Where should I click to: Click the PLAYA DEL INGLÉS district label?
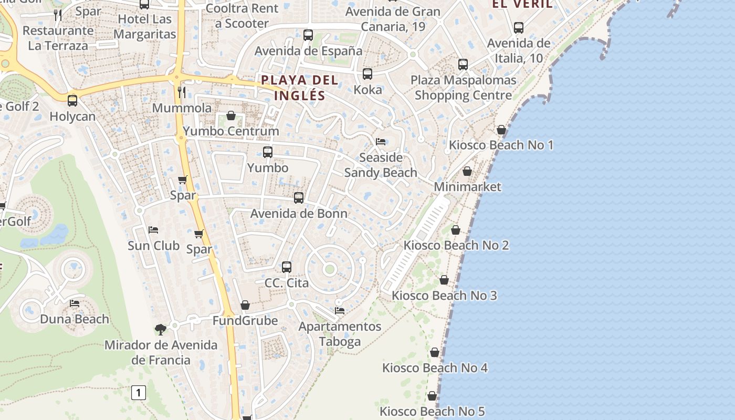(x=300, y=88)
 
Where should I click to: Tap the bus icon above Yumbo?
(x=268, y=152)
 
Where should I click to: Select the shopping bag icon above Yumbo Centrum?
(x=231, y=115)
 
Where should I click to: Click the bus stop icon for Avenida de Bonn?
(x=299, y=198)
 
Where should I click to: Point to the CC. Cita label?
(x=287, y=283)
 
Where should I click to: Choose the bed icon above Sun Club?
(x=153, y=230)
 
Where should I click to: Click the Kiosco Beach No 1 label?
(x=501, y=145)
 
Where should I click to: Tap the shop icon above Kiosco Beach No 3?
(x=444, y=280)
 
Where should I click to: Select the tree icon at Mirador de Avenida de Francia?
(x=161, y=330)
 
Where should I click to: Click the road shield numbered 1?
(x=139, y=392)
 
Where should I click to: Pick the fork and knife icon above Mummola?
(x=182, y=92)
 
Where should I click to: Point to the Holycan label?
(x=72, y=116)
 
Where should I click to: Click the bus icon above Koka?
(x=367, y=74)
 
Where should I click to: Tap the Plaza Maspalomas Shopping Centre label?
(x=463, y=88)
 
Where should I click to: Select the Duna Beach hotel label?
(x=75, y=319)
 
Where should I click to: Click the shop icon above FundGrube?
(x=245, y=305)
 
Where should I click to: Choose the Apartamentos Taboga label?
(x=340, y=334)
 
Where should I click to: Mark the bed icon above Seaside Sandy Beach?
(x=381, y=142)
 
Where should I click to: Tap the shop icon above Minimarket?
(x=467, y=171)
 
